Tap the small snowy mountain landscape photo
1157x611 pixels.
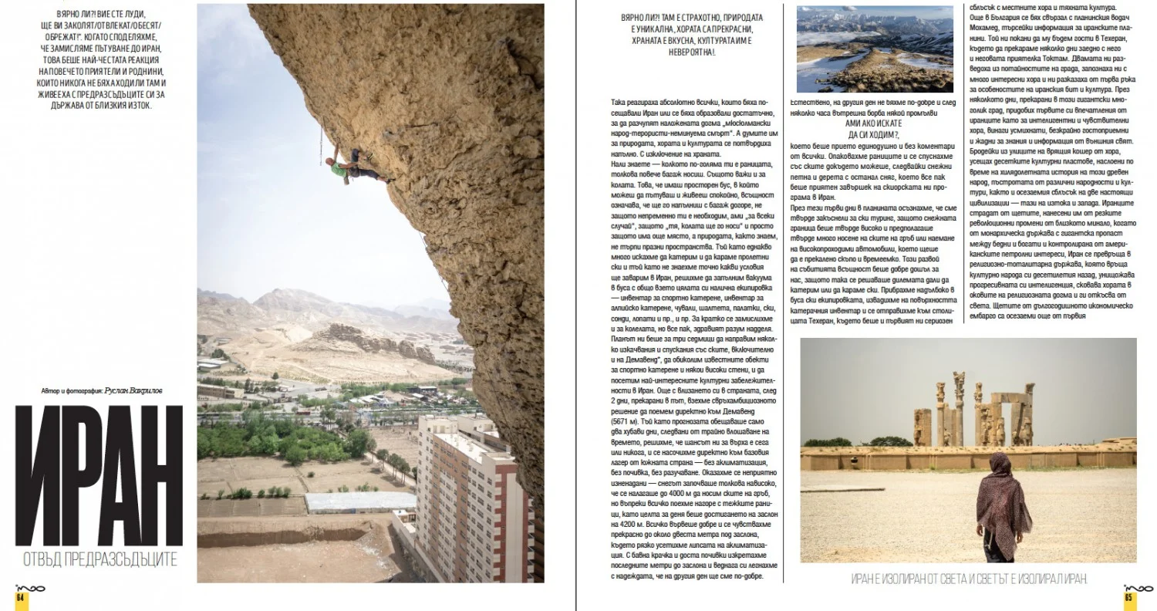(x=874, y=49)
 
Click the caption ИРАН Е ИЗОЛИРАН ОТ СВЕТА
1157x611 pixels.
(x=968, y=579)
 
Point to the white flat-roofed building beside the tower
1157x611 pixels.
(x=359, y=501)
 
